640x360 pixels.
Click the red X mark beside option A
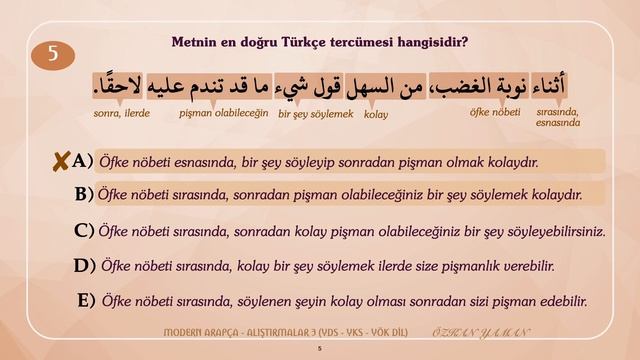point(62,160)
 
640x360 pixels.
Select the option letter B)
point(84,194)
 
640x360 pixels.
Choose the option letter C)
point(84,231)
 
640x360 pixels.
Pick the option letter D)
point(84,266)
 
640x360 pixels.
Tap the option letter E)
point(86,300)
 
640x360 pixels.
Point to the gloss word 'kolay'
point(376,115)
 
